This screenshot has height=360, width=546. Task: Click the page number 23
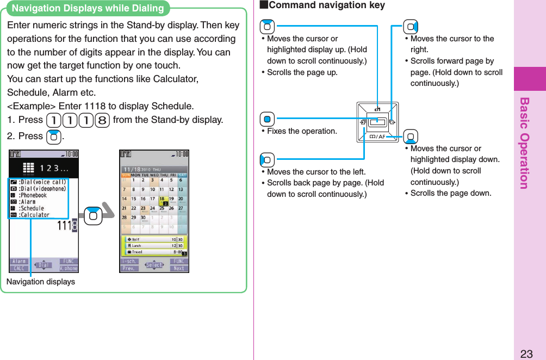526,353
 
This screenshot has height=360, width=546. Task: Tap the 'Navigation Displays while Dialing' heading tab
88,8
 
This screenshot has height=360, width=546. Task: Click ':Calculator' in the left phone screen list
34,215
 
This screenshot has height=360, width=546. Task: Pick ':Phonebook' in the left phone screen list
33,195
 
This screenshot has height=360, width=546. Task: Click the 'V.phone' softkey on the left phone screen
69,268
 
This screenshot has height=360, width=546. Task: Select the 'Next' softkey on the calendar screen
179,268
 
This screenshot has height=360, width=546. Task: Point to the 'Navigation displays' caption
40,282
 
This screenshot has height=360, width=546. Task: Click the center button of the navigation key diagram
377,122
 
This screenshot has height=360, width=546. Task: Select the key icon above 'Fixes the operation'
267,119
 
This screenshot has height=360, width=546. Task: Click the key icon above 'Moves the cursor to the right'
411,26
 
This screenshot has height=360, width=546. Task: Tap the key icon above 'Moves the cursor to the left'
267,160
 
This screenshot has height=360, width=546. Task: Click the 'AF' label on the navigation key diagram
381,136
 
